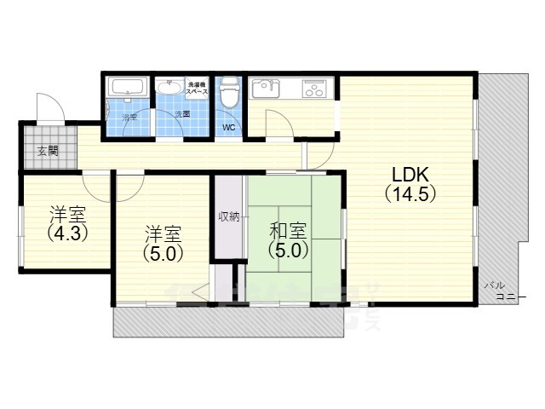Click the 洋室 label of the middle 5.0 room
tap(162, 233)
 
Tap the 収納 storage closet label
tap(227, 216)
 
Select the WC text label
tap(228, 128)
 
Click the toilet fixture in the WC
tap(228, 95)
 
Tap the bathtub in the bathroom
tap(128, 88)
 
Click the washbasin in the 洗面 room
tap(171, 89)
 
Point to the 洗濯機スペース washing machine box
tap(198, 88)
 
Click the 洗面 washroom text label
tap(182, 114)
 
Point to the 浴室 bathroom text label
tap(129, 115)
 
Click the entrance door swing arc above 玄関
tap(51, 109)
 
